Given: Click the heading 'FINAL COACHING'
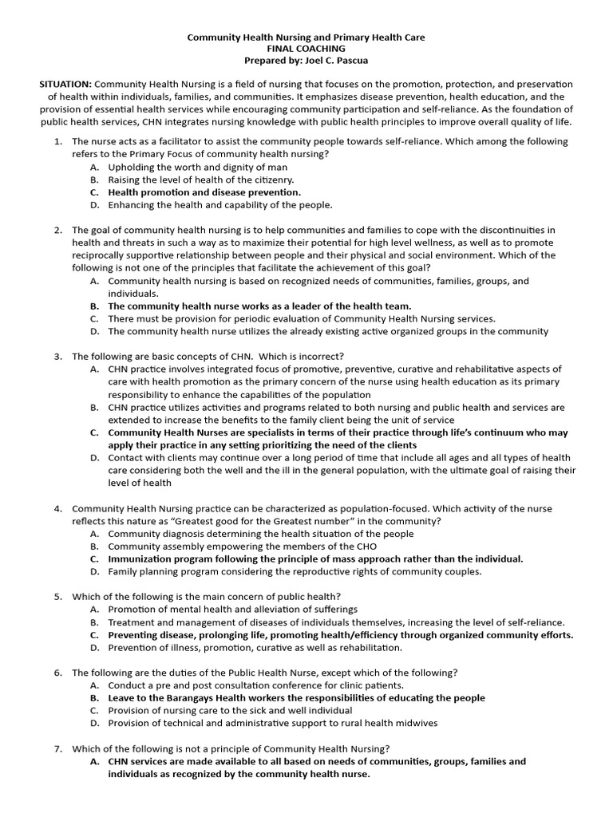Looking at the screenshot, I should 306,49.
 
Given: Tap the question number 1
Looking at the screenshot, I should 58,141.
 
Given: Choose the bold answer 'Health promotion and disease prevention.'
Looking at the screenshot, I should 204,192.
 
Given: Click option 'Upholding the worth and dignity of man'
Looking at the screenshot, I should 198,167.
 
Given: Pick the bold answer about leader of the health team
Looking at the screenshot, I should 259,306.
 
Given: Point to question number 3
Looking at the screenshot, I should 58,356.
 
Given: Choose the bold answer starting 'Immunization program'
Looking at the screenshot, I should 315,559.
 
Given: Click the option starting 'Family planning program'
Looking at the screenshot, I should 295,572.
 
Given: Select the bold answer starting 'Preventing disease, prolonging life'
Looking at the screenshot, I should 340,635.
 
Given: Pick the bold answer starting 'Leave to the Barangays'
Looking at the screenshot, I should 296,698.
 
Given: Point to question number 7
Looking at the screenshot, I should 58,748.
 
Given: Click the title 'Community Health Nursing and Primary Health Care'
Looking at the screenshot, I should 306,37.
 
